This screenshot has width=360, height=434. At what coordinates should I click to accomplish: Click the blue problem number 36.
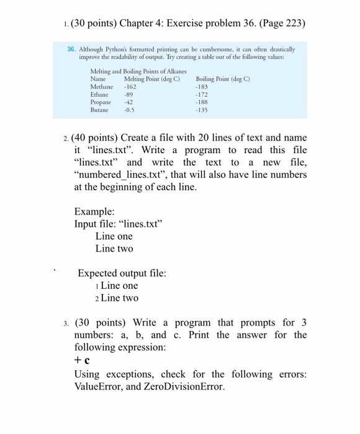(x=71, y=49)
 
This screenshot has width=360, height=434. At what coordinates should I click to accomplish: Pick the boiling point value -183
(x=202, y=88)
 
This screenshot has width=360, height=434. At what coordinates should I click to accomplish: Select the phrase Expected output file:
(x=122, y=272)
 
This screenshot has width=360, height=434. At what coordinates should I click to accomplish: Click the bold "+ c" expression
(x=83, y=360)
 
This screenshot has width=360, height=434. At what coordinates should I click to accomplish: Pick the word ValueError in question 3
(x=102, y=387)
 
